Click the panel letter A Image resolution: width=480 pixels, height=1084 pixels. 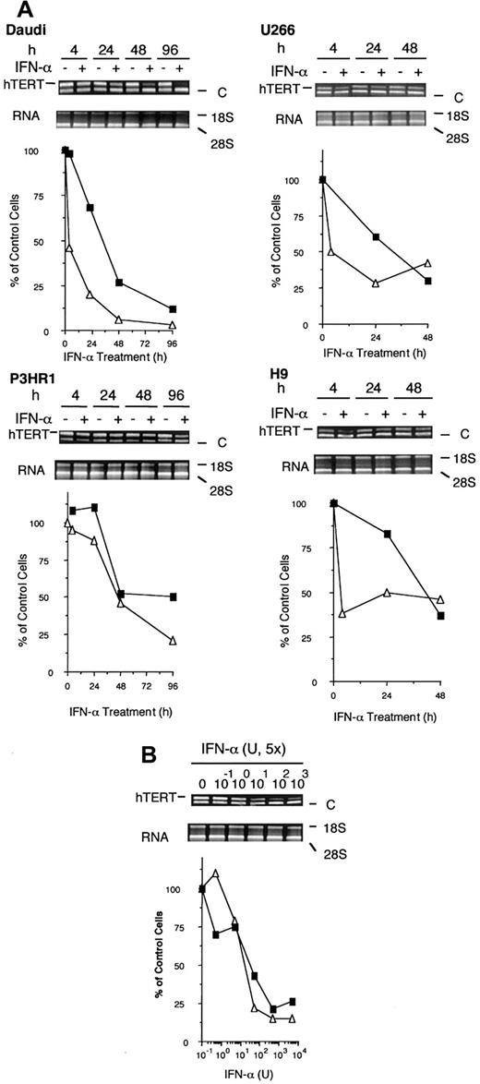pos(13,8)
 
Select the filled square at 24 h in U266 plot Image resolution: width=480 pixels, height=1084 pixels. pos(375,237)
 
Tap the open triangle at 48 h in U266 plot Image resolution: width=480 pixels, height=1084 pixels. pos(427,263)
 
